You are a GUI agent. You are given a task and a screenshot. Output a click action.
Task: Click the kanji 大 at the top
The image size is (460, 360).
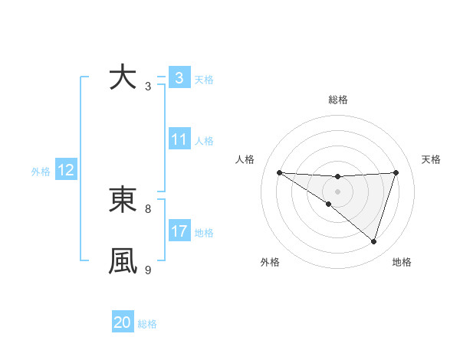coord(123,78)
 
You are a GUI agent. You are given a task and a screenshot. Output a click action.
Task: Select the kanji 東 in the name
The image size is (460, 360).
coord(123,200)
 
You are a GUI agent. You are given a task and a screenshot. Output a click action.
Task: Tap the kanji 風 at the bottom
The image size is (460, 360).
coord(123,260)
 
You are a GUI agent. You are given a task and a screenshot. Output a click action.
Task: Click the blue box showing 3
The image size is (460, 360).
coord(179,78)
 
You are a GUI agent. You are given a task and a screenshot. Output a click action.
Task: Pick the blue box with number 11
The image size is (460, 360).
coord(179,139)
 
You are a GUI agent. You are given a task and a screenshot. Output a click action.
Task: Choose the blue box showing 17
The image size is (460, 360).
coord(179,231)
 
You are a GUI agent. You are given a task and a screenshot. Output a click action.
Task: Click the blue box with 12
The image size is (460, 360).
coord(66,170)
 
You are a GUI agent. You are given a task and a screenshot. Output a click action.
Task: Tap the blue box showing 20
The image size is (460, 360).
coord(123,322)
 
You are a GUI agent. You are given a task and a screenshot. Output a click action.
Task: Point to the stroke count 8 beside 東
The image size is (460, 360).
coord(148,208)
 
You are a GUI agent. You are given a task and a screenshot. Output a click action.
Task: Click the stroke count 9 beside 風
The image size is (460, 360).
coord(148,270)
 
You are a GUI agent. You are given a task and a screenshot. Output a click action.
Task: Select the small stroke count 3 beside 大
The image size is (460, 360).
coord(148,87)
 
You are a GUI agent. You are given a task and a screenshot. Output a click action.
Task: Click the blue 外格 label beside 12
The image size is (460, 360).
coord(41,172)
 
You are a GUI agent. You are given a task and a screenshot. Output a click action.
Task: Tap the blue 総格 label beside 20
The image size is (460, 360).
coord(147,324)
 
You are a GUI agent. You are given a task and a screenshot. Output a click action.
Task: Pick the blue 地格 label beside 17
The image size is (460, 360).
coord(204,233)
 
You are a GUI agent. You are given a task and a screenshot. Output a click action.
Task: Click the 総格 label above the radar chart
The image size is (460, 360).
coord(337,100)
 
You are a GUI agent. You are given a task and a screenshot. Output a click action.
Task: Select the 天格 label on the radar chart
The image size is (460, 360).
coord(431,159)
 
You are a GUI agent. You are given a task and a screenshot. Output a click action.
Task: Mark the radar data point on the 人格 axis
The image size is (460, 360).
coord(279,172)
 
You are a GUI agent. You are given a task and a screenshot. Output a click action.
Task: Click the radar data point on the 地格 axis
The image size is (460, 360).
coord(373,241)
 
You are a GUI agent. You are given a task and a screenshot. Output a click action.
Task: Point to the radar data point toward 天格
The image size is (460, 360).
coord(396,172)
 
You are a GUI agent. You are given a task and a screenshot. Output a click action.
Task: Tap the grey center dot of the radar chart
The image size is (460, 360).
coord(337,191)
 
